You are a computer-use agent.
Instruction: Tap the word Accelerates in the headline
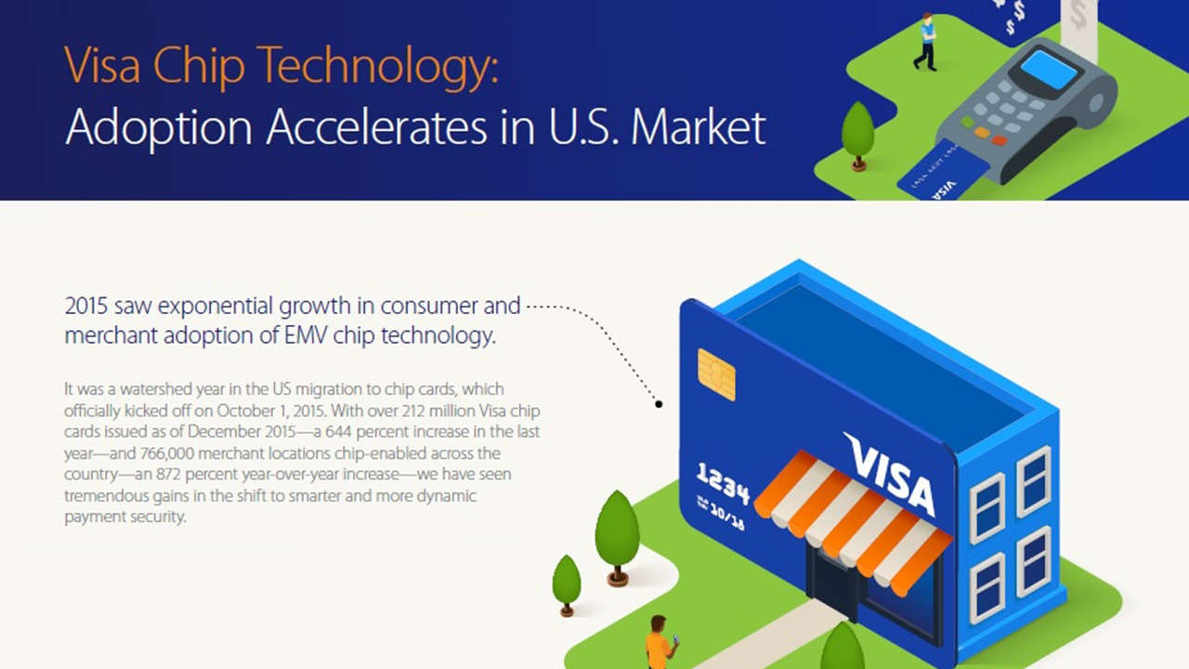[377, 128]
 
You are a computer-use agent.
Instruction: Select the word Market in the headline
[698, 128]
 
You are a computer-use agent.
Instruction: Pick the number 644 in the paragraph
[338, 432]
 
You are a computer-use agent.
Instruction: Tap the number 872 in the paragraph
[169, 474]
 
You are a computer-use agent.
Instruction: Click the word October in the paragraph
[244, 411]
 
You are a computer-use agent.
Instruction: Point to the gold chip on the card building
[716, 374]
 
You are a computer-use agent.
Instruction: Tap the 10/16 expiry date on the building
[727, 518]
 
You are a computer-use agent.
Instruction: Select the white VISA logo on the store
[890, 474]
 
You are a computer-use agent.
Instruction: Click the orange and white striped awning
[853, 522]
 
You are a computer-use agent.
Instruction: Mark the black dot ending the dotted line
[659, 404]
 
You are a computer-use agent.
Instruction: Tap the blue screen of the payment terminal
[1049, 69]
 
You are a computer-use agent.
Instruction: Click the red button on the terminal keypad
[1000, 140]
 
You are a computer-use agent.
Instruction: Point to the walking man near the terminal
[926, 42]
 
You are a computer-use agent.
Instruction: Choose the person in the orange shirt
[660, 644]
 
